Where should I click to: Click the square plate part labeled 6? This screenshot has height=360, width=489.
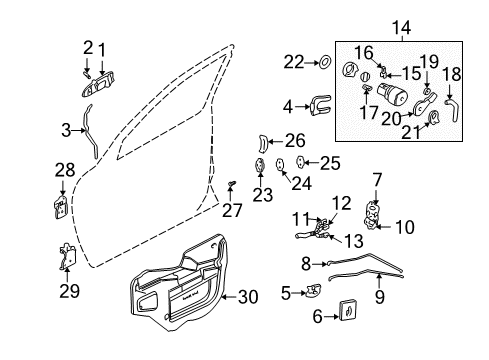click(x=345, y=314)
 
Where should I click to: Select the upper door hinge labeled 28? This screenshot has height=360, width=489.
click(x=60, y=208)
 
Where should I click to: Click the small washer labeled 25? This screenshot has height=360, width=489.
click(x=303, y=161)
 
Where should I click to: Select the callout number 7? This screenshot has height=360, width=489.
click(x=376, y=180)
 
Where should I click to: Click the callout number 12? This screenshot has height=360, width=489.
click(x=341, y=204)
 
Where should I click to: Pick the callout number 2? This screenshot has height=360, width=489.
click(x=87, y=46)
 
